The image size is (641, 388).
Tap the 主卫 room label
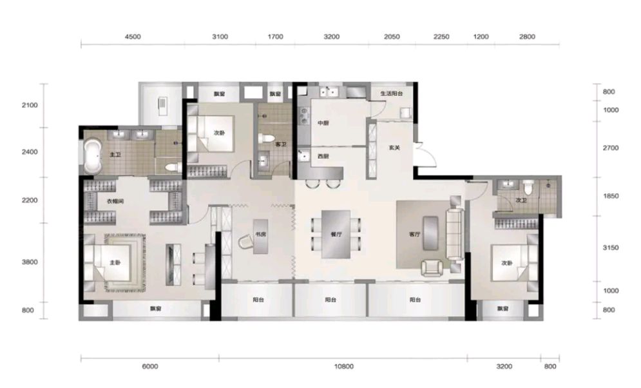coord(115,155)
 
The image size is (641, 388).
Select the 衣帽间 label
coord(115,200)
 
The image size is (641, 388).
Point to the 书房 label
coord(260,235)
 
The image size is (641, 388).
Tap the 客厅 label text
coord(414,235)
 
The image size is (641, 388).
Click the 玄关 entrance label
coord(394,148)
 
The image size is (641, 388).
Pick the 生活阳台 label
coord(391,94)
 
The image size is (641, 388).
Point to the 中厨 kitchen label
coord(323,124)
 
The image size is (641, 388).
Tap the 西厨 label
coord(323,157)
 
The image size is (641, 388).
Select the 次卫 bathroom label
coord(505,200)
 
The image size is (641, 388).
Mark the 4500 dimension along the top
coord(131,37)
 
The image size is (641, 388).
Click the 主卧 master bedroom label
coord(115,262)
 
